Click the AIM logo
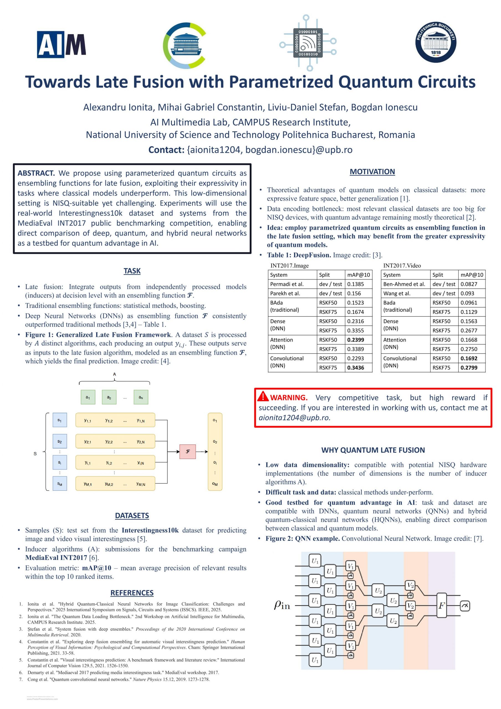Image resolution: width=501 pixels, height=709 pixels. [x=61, y=45]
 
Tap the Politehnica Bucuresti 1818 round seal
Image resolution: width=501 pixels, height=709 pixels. [x=436, y=42]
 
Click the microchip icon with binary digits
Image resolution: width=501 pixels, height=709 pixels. [x=308, y=43]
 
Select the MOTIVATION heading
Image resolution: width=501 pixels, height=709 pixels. [x=372, y=172]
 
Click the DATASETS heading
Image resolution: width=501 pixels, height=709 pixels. [x=132, y=515]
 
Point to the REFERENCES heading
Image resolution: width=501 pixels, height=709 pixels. [x=132, y=593]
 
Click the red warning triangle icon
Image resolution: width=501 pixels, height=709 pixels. [x=263, y=396]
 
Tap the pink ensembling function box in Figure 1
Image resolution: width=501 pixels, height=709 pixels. [x=188, y=451]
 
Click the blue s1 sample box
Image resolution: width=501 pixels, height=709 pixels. [x=60, y=420]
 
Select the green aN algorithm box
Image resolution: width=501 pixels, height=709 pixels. [x=140, y=397]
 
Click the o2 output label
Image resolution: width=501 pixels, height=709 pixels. [x=215, y=441]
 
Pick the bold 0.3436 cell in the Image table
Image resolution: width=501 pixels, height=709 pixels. [x=356, y=368]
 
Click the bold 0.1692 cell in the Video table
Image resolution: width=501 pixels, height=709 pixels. [x=469, y=358]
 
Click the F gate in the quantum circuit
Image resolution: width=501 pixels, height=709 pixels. [x=441, y=605]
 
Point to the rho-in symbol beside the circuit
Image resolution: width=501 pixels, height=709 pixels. [x=282, y=605]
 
